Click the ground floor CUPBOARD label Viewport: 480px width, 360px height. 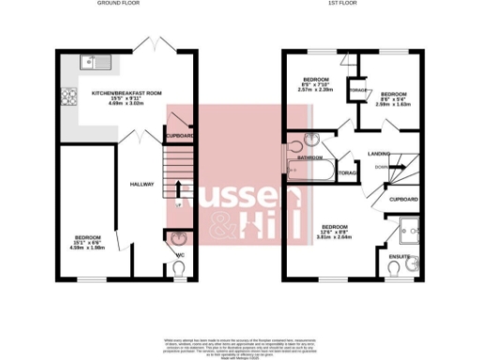tap(179, 137)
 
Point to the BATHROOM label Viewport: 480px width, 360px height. tap(310, 157)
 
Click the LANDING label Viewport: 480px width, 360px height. tap(379, 153)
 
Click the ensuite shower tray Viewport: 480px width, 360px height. tap(408, 228)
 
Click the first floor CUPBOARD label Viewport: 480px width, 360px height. tap(403, 200)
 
